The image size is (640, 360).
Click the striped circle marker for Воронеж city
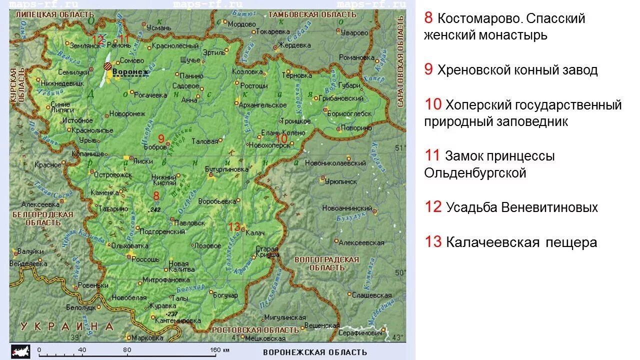107,66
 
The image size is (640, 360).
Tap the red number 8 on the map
156,196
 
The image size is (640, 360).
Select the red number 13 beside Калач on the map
234,226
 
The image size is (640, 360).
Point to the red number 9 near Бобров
161,138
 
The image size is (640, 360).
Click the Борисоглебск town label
349,113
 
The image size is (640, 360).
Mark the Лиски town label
143,161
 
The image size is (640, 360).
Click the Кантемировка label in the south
178,320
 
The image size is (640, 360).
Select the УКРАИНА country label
67,326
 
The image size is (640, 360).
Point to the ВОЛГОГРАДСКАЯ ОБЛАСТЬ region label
327,263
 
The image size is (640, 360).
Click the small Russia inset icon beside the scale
20,350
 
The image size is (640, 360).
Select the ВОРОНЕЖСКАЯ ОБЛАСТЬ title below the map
314,352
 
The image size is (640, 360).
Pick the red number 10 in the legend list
433,104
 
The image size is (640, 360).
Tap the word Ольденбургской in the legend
475,173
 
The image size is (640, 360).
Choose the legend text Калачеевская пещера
521,242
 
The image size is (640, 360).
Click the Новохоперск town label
268,144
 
